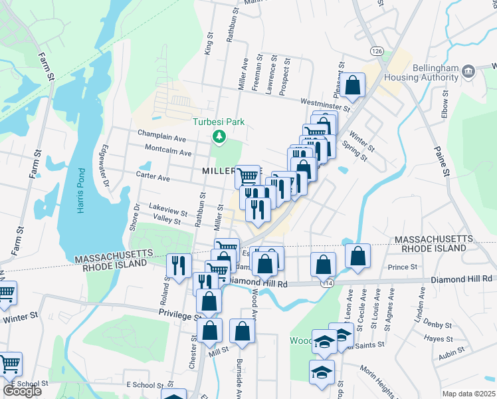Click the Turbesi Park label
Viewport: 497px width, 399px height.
click(219, 122)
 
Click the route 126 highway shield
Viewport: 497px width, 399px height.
click(377, 51)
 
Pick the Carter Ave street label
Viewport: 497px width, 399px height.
click(154, 179)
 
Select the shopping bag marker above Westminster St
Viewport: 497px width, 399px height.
click(353, 84)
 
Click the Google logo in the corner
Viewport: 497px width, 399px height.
click(22, 391)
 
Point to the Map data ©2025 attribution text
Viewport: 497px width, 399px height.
click(468, 394)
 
